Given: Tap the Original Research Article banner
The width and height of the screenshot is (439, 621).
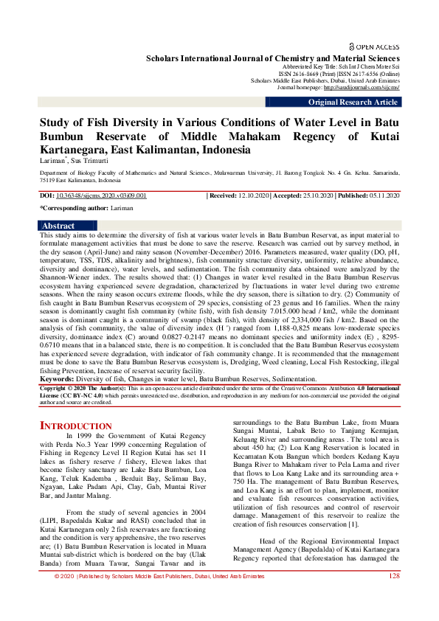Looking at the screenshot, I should coord(353,103).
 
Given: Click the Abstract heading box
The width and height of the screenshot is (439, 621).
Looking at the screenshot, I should coord(58,226).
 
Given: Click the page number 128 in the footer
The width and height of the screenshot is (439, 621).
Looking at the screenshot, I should coord(394,597).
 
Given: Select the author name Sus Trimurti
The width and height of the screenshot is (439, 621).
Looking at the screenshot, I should coord(89,159).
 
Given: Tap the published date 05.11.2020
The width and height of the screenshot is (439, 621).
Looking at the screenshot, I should coord(383,195).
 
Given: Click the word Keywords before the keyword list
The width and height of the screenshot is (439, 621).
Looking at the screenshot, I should coord(61,378).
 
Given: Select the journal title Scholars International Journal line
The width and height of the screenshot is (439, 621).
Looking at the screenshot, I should coord(273,58).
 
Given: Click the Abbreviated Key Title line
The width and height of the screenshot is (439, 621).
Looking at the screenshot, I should coord(347,66).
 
